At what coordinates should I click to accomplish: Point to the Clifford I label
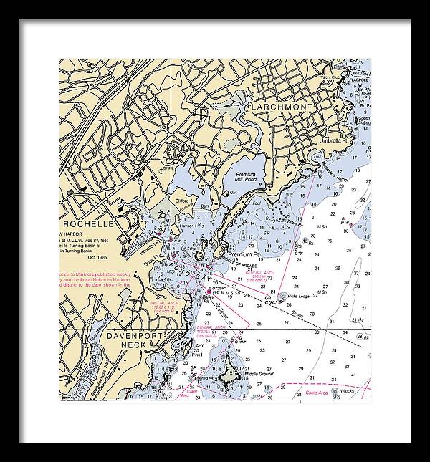[183, 201]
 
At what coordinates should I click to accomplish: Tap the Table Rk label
[296, 224]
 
